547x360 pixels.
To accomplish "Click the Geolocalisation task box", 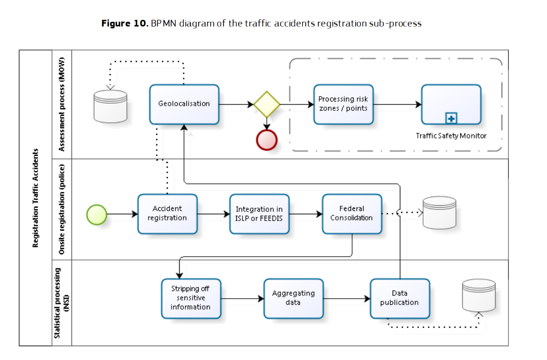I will (x=184, y=104).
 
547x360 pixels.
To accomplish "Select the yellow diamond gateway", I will (x=267, y=104).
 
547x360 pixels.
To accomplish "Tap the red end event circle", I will (x=267, y=140).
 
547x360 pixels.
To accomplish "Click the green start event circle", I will (x=96, y=214).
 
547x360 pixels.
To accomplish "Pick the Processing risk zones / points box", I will (x=343, y=104).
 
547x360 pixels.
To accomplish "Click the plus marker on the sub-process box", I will (x=451, y=117).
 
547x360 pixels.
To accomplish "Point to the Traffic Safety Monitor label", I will (x=451, y=136).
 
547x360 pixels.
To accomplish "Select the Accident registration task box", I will (x=167, y=213).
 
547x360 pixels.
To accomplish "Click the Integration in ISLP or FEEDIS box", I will (x=259, y=213).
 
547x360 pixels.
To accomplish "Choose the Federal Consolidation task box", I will (x=352, y=213).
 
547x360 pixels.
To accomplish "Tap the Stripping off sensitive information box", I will (x=191, y=298).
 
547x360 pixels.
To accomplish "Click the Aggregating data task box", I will (x=293, y=298).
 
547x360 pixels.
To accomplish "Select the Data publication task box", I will (x=399, y=298).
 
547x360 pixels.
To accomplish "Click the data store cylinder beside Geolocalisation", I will (x=111, y=106).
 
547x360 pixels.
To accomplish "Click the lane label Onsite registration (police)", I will (x=61, y=210).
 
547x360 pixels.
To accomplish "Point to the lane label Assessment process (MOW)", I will (x=61, y=104).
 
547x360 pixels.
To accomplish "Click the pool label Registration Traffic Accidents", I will (x=35, y=198).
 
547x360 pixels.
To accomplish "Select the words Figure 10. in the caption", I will (x=125, y=23).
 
